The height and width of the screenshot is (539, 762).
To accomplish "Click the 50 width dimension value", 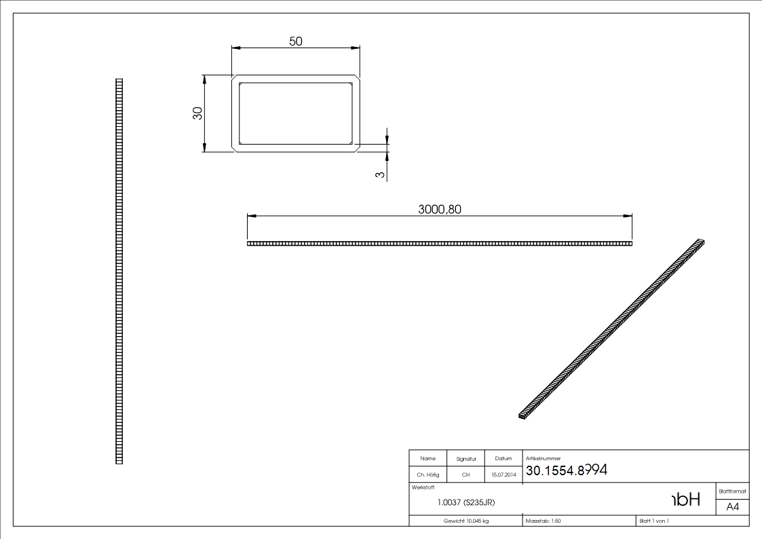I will [296, 41].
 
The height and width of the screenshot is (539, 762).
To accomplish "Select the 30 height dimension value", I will [197, 113].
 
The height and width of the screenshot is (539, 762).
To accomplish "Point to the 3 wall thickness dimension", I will [380, 174].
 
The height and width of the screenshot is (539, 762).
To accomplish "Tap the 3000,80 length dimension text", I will [440, 210].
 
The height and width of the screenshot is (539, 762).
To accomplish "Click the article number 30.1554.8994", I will [566, 471].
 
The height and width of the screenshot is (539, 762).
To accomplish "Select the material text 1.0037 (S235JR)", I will [465, 503].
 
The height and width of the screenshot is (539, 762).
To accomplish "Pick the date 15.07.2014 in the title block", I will [503, 475].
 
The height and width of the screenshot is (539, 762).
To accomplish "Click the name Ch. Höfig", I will [427, 475].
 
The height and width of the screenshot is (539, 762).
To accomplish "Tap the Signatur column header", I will [465, 459].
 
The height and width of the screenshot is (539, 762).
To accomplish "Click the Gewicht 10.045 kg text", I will [466, 521].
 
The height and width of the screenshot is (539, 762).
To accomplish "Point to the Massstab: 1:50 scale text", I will [544, 521].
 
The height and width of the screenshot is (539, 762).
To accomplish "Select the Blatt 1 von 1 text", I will [654, 521].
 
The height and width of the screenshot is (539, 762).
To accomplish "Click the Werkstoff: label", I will [423, 487].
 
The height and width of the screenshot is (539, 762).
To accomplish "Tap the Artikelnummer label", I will [543, 459].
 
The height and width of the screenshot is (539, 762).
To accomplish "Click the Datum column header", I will [503, 459].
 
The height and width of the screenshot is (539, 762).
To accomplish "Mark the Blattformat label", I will [732, 491].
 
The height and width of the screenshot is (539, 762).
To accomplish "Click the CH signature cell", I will [465, 475].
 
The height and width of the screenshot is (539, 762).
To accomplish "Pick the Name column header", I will [427, 459].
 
